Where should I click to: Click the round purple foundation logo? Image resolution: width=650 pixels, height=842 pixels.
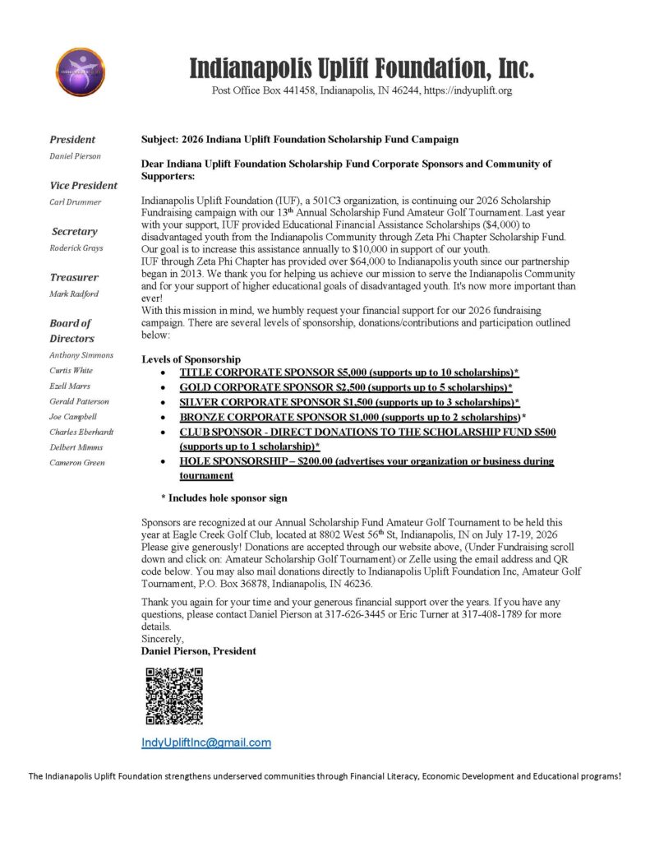[x=80, y=72]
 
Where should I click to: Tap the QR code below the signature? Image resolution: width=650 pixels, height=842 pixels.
[x=174, y=696]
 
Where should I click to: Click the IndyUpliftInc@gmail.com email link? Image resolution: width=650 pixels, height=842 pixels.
[x=206, y=743]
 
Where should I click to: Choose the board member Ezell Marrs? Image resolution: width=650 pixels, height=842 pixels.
[x=70, y=386]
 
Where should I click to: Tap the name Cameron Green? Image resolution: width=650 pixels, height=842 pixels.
[x=76, y=462]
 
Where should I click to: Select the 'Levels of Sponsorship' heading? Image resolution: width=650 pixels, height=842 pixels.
[x=191, y=359]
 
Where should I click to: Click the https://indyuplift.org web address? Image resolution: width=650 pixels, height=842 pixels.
[x=468, y=90]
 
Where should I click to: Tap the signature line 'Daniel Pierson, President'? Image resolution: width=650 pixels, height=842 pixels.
[x=199, y=650]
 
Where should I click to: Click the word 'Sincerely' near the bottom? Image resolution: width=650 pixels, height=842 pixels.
[x=163, y=638]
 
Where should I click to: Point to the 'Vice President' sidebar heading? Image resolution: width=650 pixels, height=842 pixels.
[x=83, y=185]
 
